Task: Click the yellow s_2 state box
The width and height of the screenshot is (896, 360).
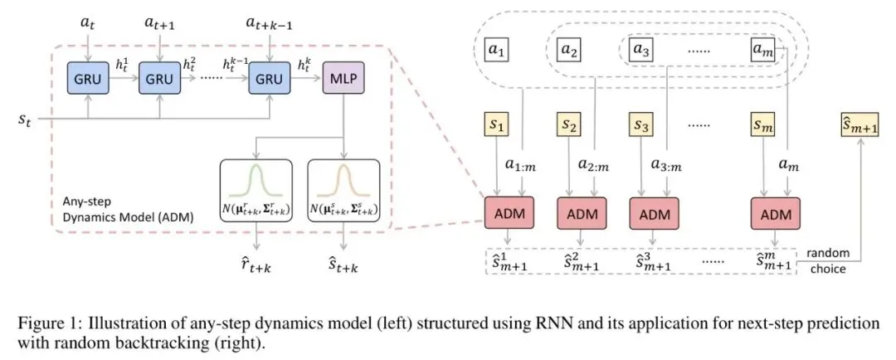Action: tap(569, 127)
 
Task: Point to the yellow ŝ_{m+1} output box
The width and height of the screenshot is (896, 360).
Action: tap(859, 127)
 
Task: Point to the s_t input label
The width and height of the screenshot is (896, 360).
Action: tap(27, 121)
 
